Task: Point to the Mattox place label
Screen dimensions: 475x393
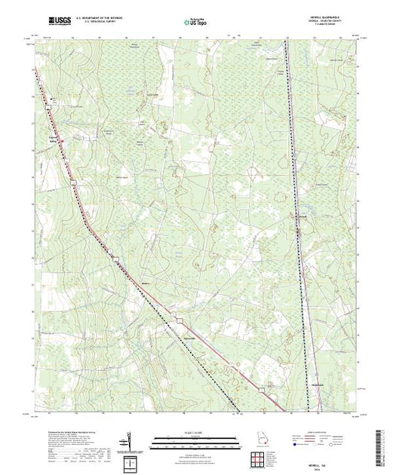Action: tap(148, 283)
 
